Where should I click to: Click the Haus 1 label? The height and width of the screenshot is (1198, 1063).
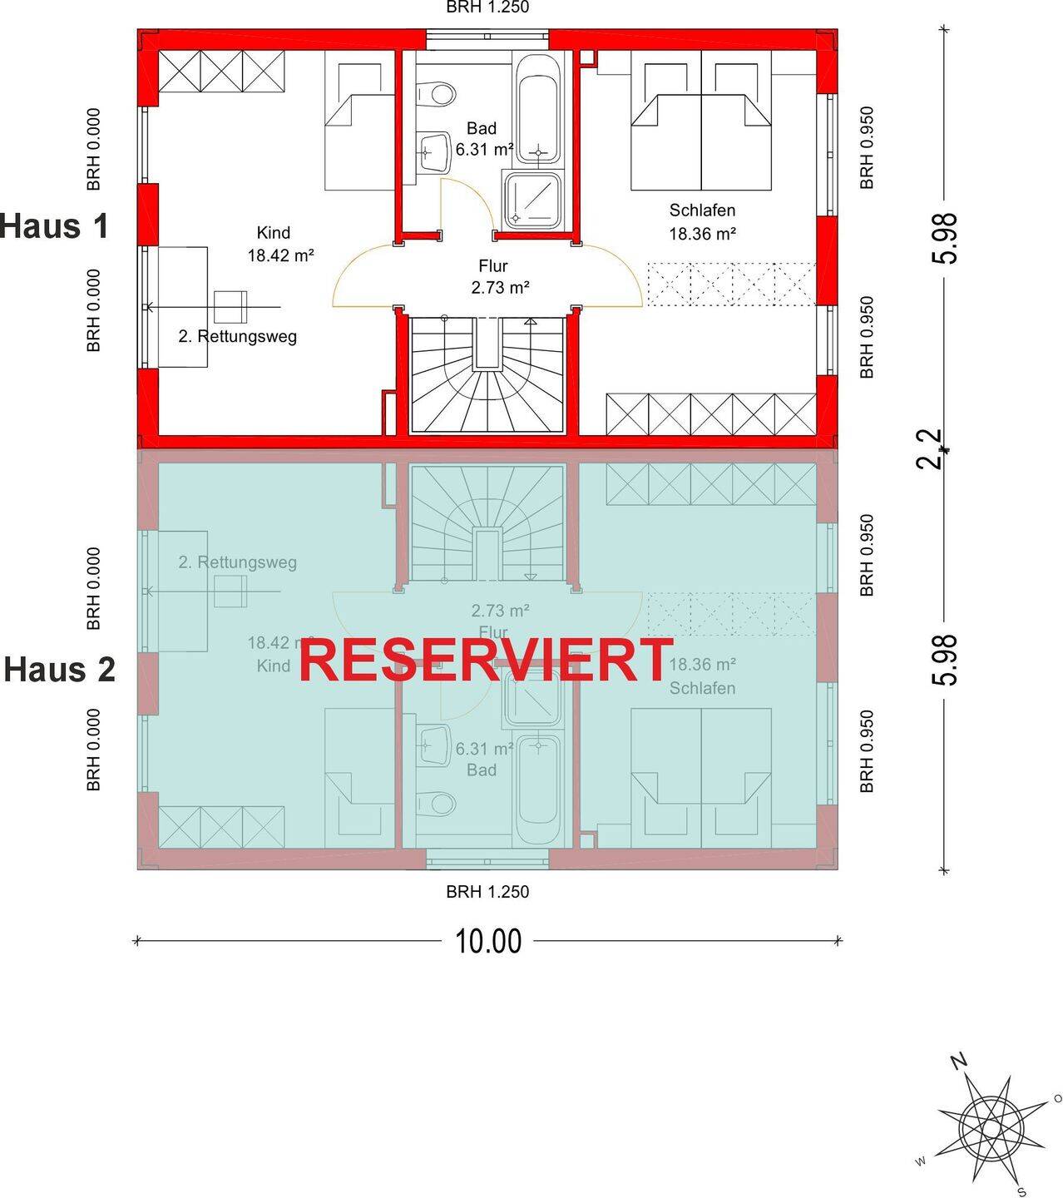pyautogui.click(x=55, y=226)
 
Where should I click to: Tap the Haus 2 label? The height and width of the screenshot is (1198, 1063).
pyautogui.click(x=60, y=670)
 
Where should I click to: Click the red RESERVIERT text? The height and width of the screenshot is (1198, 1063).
pyautogui.click(x=486, y=661)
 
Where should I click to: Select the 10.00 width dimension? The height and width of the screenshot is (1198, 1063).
pyautogui.click(x=488, y=941)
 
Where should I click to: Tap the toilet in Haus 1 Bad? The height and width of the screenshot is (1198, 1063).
pyautogui.click(x=436, y=92)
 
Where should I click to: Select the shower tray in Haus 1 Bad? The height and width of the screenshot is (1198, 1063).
pyautogui.click(x=532, y=200)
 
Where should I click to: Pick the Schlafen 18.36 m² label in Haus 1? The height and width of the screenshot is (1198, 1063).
pyautogui.click(x=702, y=222)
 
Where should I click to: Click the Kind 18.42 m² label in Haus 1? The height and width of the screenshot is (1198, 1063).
pyautogui.click(x=279, y=244)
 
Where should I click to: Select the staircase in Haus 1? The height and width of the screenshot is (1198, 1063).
pyautogui.click(x=487, y=374)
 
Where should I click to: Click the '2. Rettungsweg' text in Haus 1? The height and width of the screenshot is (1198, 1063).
pyautogui.click(x=237, y=337)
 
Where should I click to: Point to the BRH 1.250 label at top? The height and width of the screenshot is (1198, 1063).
pyautogui.click(x=487, y=7)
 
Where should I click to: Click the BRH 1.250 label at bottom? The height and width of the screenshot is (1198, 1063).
pyautogui.click(x=487, y=892)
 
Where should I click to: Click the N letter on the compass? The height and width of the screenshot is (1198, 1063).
pyautogui.click(x=959, y=1061)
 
